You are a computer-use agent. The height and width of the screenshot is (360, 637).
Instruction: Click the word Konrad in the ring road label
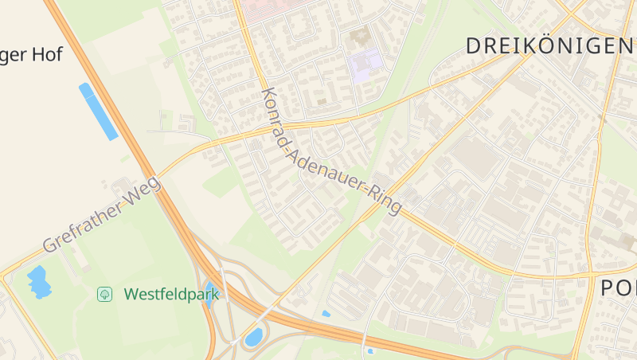[x=278, y=115]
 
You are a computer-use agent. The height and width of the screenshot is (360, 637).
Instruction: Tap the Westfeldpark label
[x=171, y=294]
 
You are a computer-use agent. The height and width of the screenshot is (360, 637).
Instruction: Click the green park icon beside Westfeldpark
[x=104, y=294]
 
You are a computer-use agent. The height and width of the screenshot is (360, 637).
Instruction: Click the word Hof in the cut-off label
[x=46, y=55]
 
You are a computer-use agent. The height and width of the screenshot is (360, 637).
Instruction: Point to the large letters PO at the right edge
[x=618, y=288]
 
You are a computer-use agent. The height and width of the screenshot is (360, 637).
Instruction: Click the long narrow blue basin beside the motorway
[x=98, y=111]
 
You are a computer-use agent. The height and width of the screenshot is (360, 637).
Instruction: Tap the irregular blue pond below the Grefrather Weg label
[x=38, y=281]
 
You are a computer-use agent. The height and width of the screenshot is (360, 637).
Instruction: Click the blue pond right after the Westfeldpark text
[x=210, y=293]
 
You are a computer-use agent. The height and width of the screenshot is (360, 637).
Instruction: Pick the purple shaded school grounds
[x=365, y=63]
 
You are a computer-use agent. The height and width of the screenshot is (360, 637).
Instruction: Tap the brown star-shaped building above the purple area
[x=359, y=37]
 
